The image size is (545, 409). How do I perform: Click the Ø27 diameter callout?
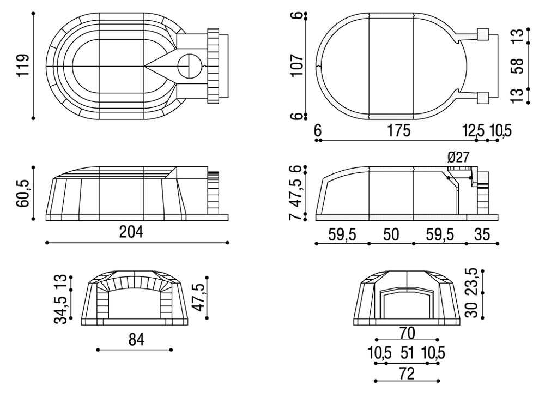tap(458, 158)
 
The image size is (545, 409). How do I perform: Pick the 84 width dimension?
tap(136, 340)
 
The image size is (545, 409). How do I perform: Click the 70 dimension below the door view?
tap(407, 332)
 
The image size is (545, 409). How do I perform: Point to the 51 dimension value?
tap(407, 353)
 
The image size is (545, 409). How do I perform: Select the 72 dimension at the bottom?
tap(407, 374)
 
